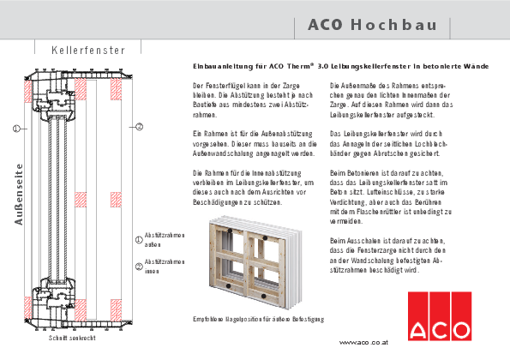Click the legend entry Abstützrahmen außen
164,239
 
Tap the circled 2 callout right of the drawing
140,127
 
